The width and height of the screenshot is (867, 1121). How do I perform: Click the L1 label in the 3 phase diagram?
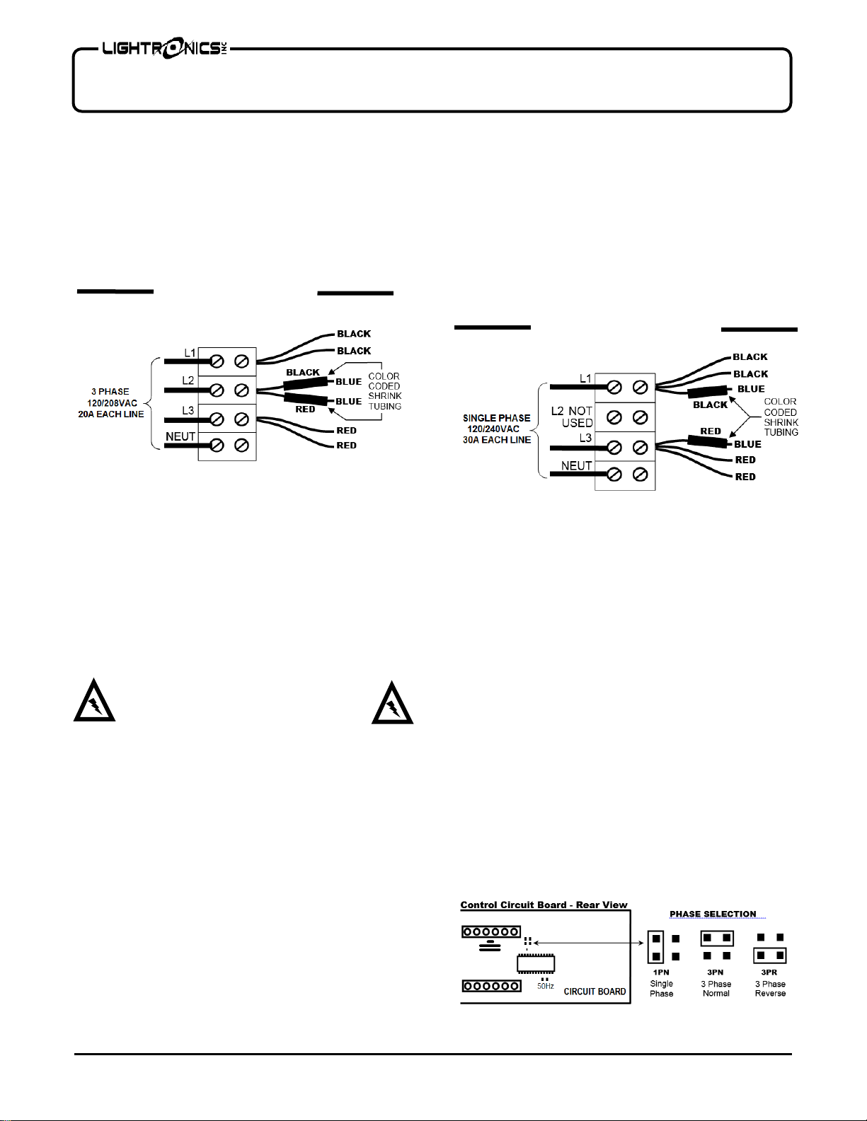(x=190, y=353)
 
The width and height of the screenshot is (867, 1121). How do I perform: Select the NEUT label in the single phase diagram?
(x=576, y=465)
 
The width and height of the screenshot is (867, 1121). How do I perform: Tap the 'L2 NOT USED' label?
(x=572, y=417)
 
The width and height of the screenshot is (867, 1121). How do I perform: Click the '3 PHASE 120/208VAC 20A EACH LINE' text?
(x=110, y=402)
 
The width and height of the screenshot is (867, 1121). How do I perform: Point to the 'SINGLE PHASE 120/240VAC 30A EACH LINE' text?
(x=496, y=429)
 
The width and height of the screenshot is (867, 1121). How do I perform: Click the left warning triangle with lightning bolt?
(x=94, y=702)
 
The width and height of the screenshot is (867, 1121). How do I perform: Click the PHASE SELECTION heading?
(x=713, y=914)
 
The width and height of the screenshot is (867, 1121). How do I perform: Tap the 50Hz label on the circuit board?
(x=545, y=986)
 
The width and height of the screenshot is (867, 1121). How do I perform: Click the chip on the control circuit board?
(x=535, y=964)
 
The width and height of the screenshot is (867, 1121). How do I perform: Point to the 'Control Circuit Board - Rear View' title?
(x=544, y=905)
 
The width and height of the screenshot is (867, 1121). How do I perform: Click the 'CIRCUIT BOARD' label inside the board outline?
(x=595, y=992)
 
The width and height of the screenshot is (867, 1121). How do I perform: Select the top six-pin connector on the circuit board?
(x=491, y=932)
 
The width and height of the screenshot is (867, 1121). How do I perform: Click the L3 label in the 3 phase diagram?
(x=188, y=410)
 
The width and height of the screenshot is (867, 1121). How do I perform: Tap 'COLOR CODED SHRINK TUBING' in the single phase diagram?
(x=781, y=417)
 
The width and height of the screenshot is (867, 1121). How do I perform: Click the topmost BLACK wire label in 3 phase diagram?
(x=354, y=334)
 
